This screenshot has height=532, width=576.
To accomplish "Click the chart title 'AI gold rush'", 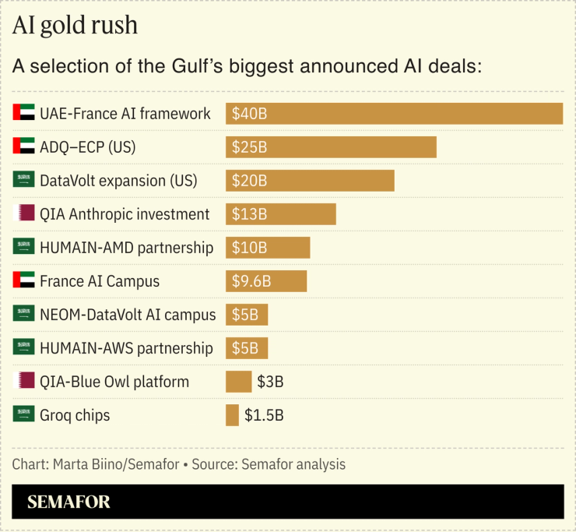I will [75, 25].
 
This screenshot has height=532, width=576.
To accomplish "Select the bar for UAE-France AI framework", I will [394, 114].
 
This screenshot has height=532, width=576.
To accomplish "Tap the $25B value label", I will [249, 147].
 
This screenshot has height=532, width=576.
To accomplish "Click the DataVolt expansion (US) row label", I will [118, 181].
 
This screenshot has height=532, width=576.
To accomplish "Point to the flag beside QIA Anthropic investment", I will [26, 214].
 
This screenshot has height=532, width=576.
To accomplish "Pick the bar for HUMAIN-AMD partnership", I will [268, 248].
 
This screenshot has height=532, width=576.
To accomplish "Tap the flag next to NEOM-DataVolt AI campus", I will [24, 315].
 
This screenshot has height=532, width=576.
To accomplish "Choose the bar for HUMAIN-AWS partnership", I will [247, 348].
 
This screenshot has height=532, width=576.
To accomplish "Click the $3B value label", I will [270, 382].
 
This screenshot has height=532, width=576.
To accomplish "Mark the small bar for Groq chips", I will [232, 415].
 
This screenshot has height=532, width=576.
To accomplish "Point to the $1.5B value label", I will [264, 415].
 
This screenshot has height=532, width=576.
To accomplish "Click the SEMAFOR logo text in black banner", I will [68, 502].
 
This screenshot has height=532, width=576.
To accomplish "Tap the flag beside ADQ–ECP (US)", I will [24, 147].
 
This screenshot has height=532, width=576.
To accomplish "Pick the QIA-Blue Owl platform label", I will [114, 382].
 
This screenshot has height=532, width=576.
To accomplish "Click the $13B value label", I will [249, 214].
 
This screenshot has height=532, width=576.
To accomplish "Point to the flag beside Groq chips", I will [24, 415].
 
